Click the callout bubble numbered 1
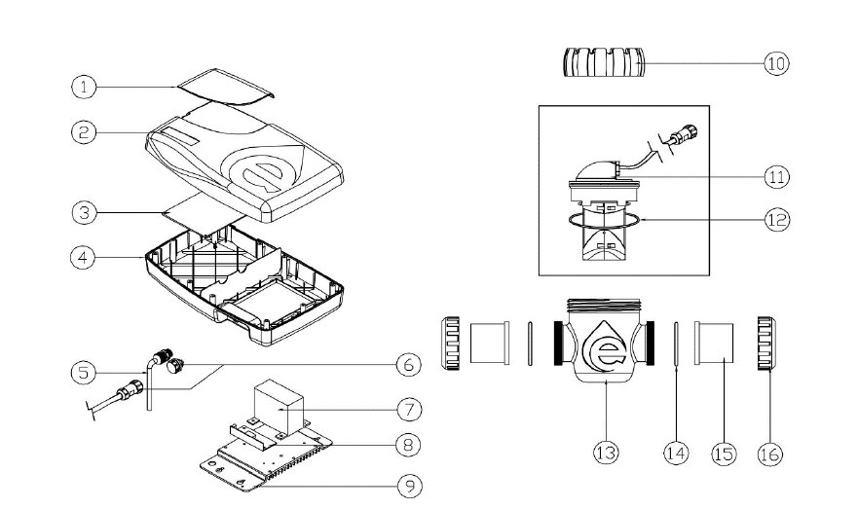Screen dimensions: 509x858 click(86, 87)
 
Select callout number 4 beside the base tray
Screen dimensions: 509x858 click(86, 258)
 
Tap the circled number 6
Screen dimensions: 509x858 click(407, 365)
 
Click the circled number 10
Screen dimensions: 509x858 click(775, 63)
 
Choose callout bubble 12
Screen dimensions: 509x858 click(775, 220)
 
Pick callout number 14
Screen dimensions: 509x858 click(676, 453)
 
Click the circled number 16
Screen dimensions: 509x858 click(769, 453)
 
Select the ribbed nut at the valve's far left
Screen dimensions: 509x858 click(451, 344)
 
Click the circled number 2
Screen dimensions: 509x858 click(86, 133)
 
